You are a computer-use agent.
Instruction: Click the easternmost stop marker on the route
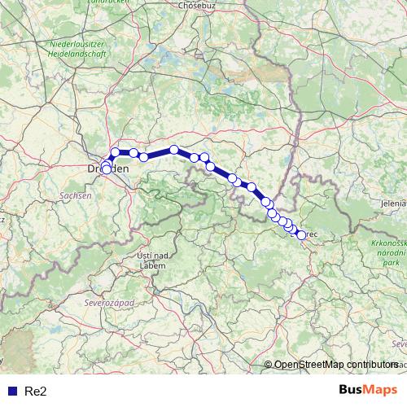click(301, 235)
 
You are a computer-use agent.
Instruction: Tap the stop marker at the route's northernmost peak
click(174, 150)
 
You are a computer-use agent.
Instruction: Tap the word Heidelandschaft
click(78, 51)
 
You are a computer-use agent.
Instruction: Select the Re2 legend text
click(36, 392)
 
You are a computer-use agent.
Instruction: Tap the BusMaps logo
click(368, 391)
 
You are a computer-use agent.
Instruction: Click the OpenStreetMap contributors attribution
click(336, 365)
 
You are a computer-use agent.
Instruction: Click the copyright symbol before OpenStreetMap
click(269, 365)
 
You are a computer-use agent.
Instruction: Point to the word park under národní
click(393, 264)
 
